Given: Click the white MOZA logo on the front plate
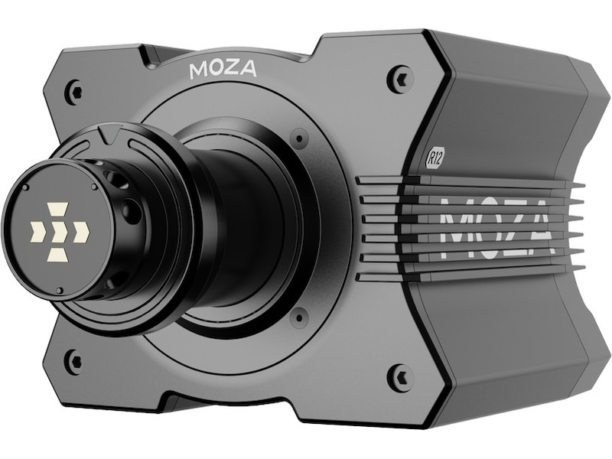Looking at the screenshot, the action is click(223, 70).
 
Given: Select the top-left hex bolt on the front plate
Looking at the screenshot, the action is click(75, 91).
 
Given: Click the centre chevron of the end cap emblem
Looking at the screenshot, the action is click(60, 230).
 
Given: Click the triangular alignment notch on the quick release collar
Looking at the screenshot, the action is click(109, 135).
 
